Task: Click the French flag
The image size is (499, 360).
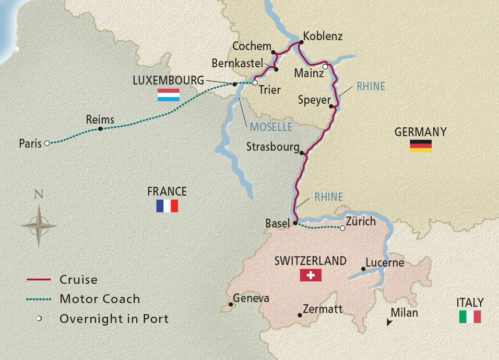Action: (x=167, y=206)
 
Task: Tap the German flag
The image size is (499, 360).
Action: (x=420, y=146)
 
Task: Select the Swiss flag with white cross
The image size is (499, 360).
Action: (x=311, y=275)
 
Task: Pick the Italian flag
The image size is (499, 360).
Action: (x=470, y=317)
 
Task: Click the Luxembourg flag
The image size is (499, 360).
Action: (x=169, y=95)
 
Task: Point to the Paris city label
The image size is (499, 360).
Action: (x=30, y=143)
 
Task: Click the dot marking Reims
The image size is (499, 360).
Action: (x=100, y=128)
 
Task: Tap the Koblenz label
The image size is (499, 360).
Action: (x=323, y=37)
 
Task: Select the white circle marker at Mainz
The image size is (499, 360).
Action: (x=325, y=67)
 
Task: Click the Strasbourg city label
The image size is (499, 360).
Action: (x=272, y=147)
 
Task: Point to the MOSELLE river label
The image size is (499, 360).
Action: (x=270, y=127)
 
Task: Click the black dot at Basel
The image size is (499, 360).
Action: (x=295, y=223)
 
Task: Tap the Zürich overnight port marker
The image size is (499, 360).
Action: (x=342, y=228)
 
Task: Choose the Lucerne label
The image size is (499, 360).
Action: (x=385, y=262)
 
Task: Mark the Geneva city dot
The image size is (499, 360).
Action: (x=230, y=305)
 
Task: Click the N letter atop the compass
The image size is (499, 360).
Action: (x=38, y=195)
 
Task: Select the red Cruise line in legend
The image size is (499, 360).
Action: (x=38, y=280)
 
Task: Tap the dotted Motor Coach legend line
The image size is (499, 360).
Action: (x=38, y=299)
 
